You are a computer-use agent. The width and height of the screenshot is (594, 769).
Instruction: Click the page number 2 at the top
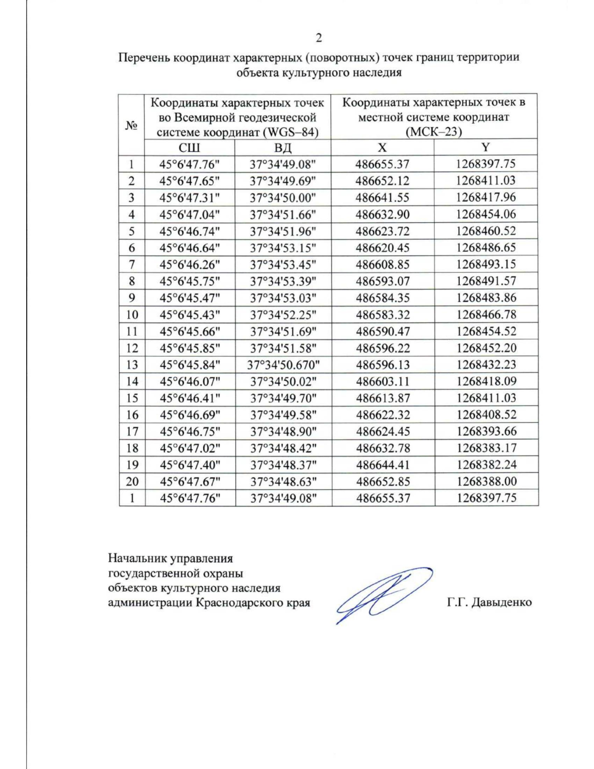[318, 38]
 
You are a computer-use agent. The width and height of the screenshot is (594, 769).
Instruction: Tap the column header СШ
[189, 147]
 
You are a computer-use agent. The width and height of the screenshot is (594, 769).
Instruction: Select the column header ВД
[283, 147]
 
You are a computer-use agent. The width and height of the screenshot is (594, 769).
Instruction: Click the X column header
[382, 147]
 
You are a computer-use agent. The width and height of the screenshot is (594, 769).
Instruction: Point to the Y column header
[486, 147]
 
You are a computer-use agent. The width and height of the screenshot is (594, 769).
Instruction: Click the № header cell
[131, 125]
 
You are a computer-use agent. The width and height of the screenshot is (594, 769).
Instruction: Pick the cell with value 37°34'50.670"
[283, 365]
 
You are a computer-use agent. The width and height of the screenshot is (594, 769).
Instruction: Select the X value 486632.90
[383, 214]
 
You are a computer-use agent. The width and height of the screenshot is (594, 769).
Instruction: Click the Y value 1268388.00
[486, 481]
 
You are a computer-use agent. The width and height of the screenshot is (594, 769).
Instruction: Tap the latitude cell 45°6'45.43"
[190, 315]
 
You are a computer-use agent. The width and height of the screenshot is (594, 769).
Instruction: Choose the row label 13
[132, 365]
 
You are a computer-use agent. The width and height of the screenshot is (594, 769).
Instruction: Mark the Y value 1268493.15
[486, 264]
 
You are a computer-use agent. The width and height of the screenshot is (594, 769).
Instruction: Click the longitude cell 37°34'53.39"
[283, 281]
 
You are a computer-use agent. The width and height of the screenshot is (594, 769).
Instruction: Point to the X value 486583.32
[383, 315]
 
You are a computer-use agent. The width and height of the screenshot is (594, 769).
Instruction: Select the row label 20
[132, 481]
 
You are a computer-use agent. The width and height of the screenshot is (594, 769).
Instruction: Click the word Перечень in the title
[139, 57]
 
